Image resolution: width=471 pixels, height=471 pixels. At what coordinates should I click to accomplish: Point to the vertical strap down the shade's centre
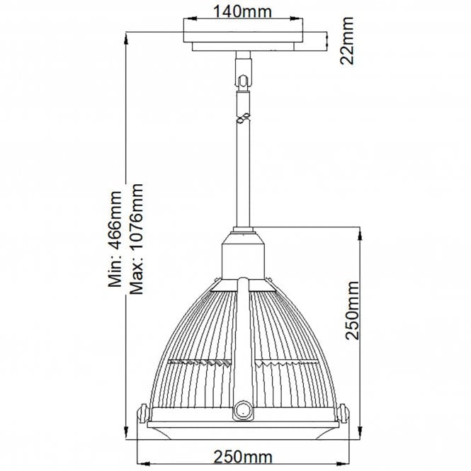[243, 340]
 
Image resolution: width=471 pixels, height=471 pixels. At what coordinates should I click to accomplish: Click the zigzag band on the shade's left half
[198, 363]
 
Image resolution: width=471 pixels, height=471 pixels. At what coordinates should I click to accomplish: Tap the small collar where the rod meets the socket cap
[242, 229]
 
